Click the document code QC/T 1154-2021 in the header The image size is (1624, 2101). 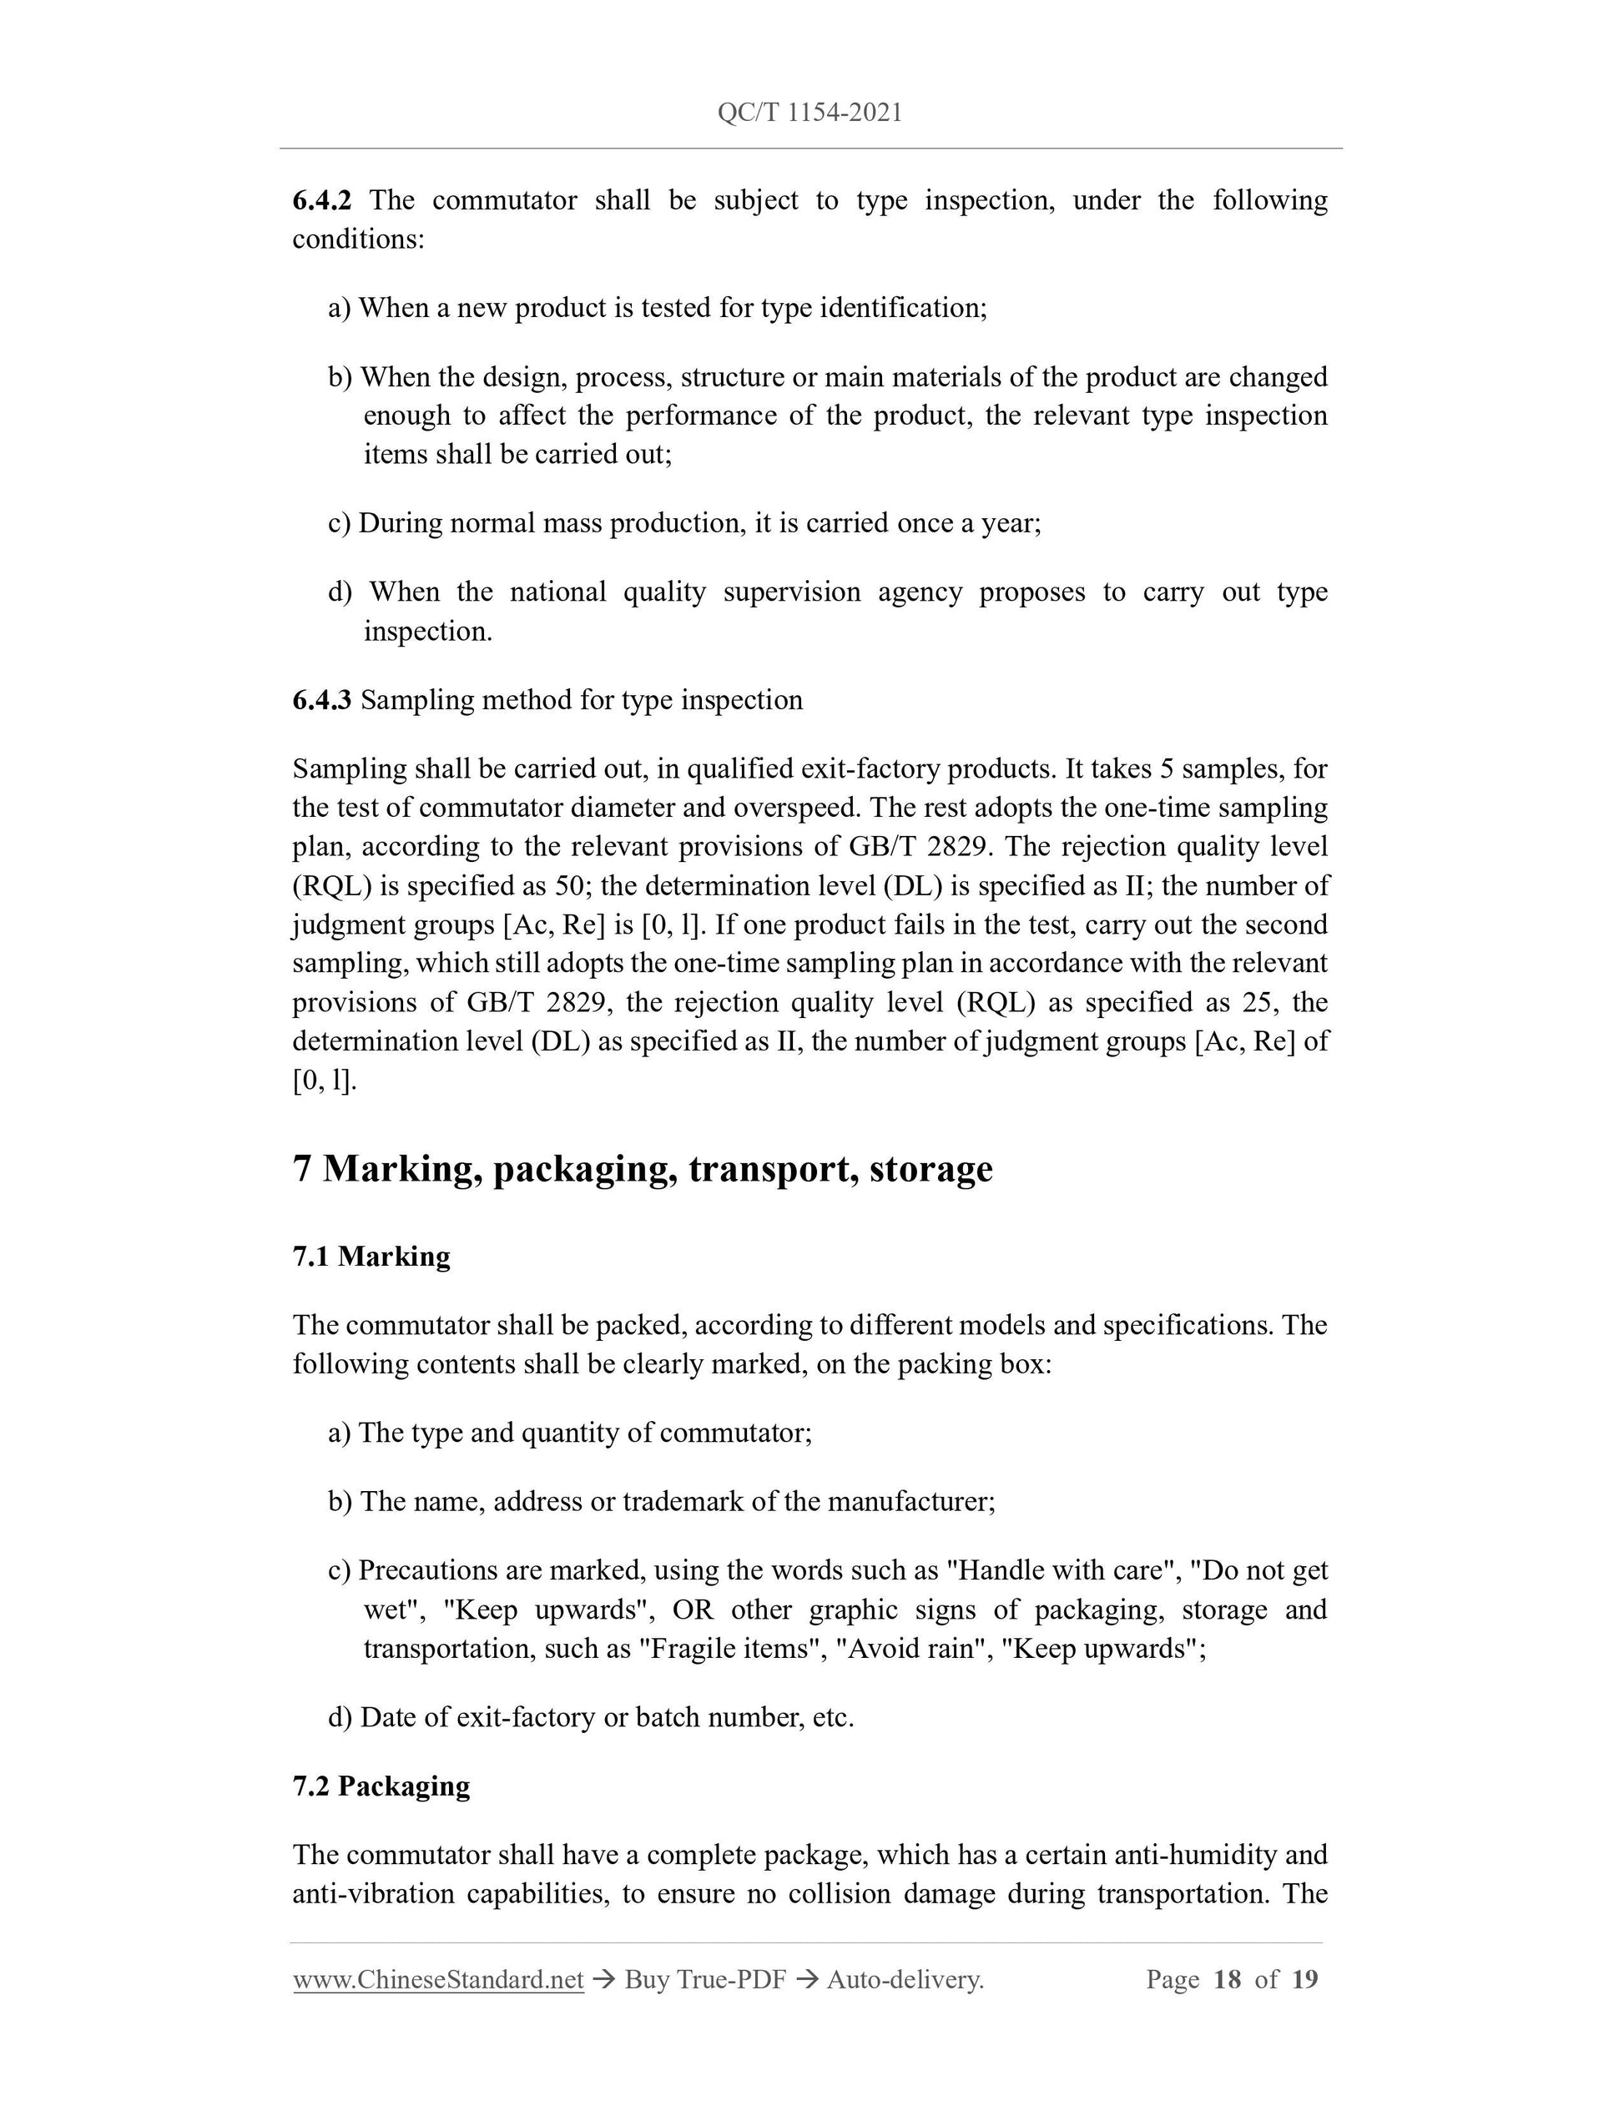pos(809,113)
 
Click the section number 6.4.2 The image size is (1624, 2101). pos(321,200)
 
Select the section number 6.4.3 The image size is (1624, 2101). pos(321,699)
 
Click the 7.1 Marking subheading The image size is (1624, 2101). pos(371,1257)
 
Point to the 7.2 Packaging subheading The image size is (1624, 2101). pos(381,1786)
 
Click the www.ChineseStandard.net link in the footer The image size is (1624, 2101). pos(438,1979)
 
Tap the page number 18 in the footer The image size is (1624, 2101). pos(1227,1979)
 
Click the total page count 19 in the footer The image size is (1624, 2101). pos(1304,1979)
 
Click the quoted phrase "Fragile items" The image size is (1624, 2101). pos(732,1649)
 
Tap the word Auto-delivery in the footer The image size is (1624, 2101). pos(904,1979)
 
